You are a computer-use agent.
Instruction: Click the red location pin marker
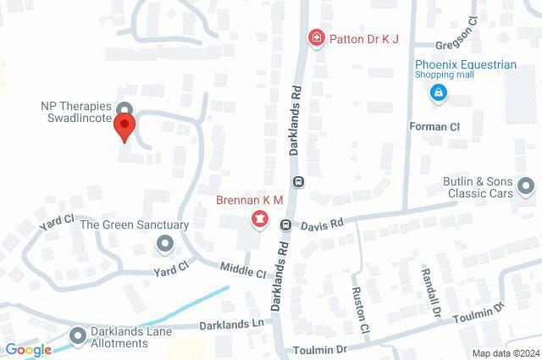coord(125,128)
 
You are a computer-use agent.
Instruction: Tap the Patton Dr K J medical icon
coord(316,37)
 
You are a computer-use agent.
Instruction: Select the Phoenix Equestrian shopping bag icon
coord(439,92)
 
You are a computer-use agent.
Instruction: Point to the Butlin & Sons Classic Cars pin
coord(525,186)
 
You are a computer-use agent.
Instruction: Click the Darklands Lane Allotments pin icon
coord(79,336)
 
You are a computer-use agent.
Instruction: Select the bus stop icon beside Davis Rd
coord(286,225)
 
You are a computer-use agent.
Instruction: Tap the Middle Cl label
coord(243,270)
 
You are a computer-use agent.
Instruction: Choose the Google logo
coord(28,349)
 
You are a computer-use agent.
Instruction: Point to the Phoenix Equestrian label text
coord(465,64)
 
